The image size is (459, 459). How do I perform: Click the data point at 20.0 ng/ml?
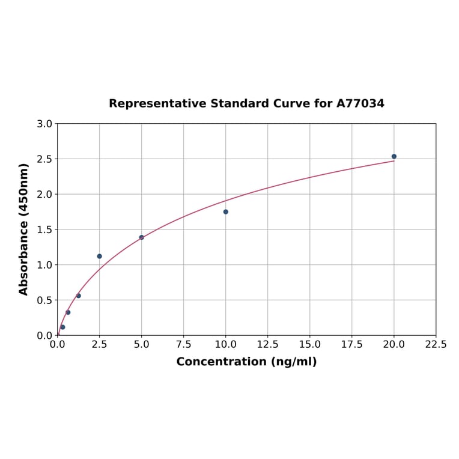(394, 156)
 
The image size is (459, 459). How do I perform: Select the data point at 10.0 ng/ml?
(226, 211)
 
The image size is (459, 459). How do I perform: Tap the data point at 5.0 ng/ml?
(142, 237)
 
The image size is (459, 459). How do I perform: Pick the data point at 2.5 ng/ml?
(100, 256)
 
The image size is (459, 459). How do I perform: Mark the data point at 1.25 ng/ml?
(79, 296)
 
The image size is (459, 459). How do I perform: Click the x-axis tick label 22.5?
(436, 345)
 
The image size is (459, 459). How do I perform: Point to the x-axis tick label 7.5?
(184, 345)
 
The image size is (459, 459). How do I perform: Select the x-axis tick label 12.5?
(268, 345)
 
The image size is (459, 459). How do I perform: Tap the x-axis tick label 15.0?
(310, 345)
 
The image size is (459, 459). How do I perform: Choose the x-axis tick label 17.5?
(352, 345)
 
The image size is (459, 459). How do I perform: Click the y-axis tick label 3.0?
(44, 124)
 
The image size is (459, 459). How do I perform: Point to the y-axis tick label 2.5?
(44, 159)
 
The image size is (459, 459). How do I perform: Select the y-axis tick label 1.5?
(44, 229)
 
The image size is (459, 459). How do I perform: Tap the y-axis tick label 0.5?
(44, 300)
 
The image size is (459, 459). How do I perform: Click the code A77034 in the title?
(360, 104)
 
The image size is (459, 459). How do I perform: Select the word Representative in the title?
(158, 104)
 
